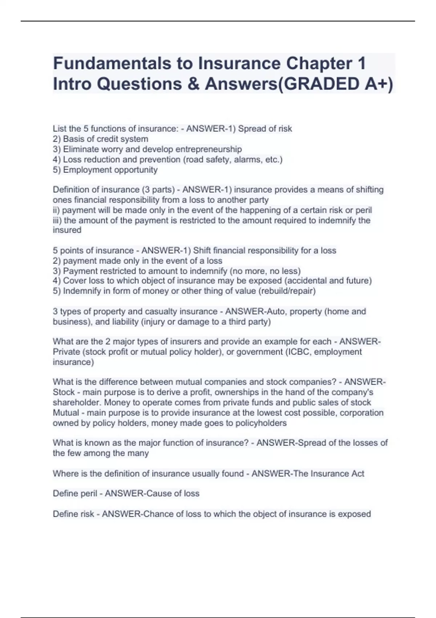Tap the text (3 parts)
(x=159, y=189)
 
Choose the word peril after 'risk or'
(x=364, y=210)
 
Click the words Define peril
(x=75, y=493)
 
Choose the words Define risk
(x=73, y=514)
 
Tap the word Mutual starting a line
(x=66, y=413)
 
